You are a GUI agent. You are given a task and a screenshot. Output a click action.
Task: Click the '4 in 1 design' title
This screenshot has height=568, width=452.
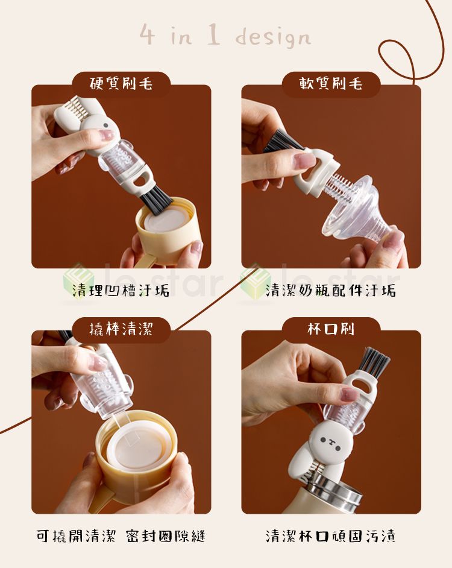click(x=225, y=36)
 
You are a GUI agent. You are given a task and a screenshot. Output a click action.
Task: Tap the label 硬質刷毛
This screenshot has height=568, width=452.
click(x=121, y=84)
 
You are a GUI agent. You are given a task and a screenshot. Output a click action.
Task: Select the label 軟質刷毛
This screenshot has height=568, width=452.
click(x=331, y=84)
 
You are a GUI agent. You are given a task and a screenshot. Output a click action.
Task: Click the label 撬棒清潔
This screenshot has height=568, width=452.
click(x=121, y=329)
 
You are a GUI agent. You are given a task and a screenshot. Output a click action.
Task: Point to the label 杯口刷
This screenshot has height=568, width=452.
click(x=331, y=329)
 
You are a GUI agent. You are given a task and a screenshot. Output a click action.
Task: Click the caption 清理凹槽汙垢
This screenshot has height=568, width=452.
click(x=121, y=290)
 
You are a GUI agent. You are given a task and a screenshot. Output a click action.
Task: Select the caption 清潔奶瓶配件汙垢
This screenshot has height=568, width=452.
click(x=331, y=290)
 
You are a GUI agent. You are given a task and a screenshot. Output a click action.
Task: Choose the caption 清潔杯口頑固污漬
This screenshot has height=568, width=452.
click(x=331, y=535)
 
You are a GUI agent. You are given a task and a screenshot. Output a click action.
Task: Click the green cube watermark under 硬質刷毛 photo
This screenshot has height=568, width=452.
click(x=75, y=277)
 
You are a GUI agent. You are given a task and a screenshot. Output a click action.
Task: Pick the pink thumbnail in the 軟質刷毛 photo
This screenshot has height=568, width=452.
click(x=305, y=160)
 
